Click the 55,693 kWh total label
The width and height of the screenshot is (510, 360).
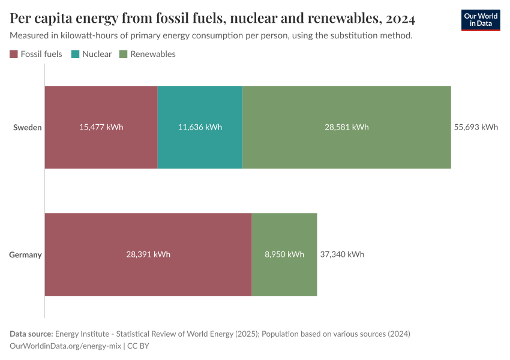click(x=476, y=127)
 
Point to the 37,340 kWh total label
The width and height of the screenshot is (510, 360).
click(x=341, y=254)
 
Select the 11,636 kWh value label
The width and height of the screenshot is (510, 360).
click(x=200, y=127)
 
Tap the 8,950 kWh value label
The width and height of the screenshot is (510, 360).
click(x=284, y=254)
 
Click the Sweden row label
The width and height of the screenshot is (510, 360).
click(x=28, y=127)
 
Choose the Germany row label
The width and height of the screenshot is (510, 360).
click(x=25, y=254)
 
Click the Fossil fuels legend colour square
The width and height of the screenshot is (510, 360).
click(x=14, y=54)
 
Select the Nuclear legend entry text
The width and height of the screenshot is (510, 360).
click(x=97, y=54)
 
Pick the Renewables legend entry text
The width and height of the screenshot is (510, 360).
click(x=152, y=54)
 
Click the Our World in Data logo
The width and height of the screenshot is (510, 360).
click(x=480, y=20)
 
